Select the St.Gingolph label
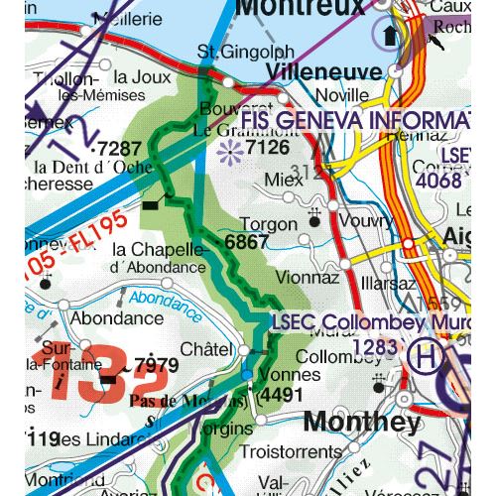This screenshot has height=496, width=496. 233,51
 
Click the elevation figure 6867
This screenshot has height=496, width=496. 247,241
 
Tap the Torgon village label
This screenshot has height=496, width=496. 268,224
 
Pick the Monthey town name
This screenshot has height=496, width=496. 361,422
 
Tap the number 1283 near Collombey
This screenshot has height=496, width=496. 376,346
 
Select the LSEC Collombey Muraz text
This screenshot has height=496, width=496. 382,323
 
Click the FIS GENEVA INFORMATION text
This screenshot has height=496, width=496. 356,121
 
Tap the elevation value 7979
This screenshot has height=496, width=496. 157,365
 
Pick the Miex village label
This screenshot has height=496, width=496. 284,181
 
